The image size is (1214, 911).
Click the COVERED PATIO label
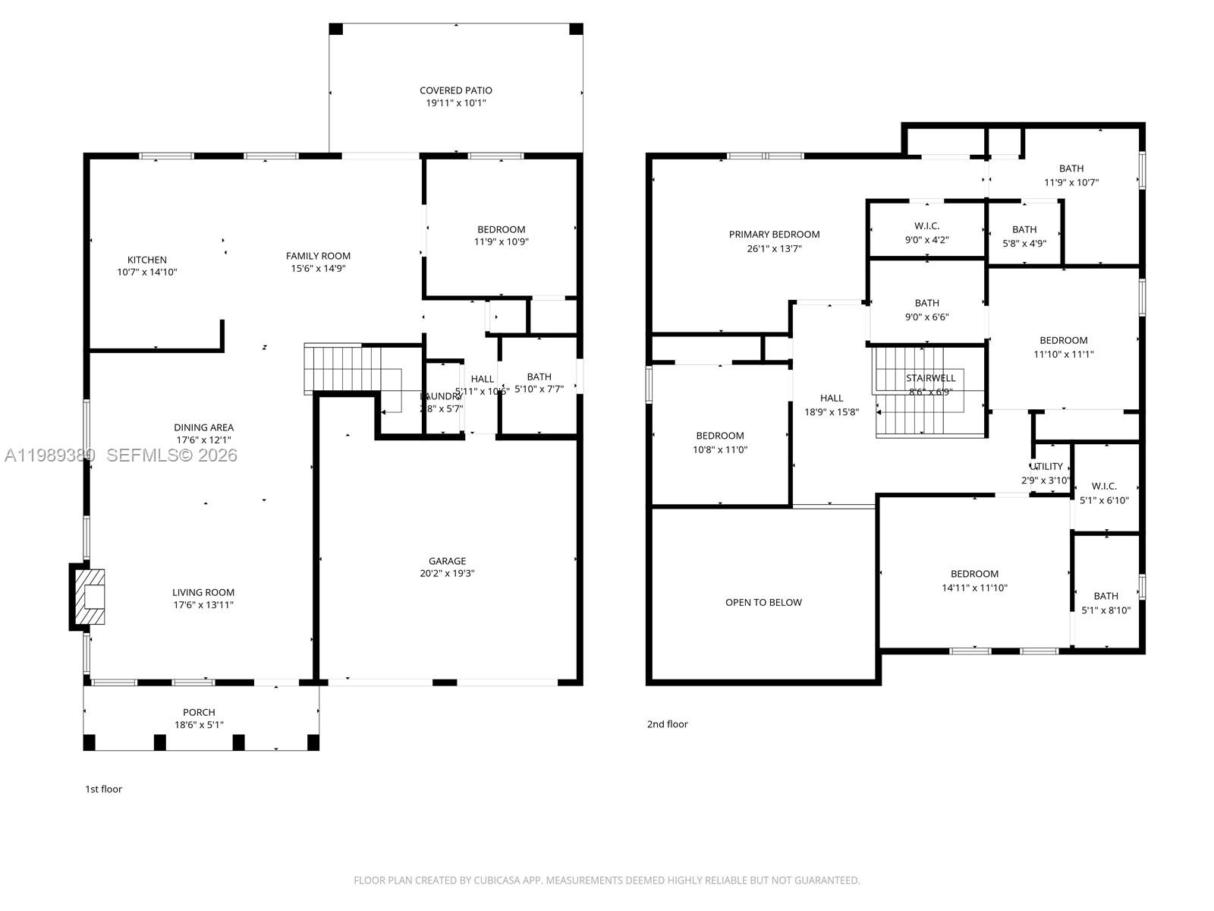coord(455,90)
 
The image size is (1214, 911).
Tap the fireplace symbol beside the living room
coord(90,597)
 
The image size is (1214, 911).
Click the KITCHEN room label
coord(146,260)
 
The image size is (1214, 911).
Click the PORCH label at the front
coord(199,712)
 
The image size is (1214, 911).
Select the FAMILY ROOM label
coord(318,256)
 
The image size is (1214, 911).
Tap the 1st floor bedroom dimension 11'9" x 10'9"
coord(501,242)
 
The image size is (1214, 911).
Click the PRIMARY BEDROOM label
coord(774,235)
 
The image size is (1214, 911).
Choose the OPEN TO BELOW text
coord(763,603)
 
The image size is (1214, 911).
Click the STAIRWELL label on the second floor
coord(930,378)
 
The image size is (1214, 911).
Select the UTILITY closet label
coord(1046,467)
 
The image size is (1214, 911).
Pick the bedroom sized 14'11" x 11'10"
coord(974,581)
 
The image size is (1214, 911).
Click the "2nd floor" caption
coord(667,724)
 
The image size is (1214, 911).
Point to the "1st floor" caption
coord(103,790)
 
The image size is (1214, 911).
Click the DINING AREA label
coord(203,427)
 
